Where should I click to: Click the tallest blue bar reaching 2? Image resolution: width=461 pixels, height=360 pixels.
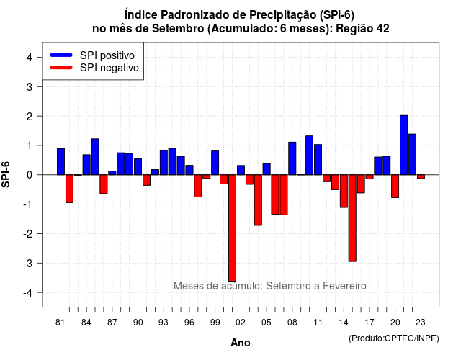[x=403, y=145]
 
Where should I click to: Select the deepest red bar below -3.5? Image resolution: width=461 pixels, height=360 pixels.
[x=232, y=228]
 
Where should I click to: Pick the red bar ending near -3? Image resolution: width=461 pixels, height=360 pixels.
[x=352, y=218]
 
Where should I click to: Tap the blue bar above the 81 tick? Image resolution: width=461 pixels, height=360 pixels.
[x=61, y=161]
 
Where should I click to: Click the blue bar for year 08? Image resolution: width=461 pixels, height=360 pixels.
[x=292, y=158]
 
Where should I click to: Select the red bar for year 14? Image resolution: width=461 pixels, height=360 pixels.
[x=344, y=191]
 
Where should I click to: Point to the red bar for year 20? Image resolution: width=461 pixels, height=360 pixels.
[x=395, y=186]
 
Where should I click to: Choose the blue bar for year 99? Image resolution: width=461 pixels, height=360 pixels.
[x=215, y=163]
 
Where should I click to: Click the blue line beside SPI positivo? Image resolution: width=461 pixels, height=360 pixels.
[x=61, y=55]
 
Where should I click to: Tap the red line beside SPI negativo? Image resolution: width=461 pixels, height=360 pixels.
[x=61, y=68]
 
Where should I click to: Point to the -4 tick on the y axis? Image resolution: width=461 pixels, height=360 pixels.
[x=40, y=292]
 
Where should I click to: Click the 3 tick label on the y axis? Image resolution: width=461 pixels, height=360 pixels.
[x=30, y=86]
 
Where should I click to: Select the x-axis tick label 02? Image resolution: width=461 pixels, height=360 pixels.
[x=241, y=323]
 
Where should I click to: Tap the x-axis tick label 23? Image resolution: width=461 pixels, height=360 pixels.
[x=421, y=323]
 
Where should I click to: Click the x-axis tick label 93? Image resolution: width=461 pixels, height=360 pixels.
[x=164, y=323]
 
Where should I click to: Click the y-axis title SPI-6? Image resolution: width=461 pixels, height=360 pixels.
[x=6, y=174]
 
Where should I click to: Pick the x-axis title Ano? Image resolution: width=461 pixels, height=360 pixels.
[x=241, y=343]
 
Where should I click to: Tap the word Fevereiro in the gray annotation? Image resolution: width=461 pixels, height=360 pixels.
[x=344, y=286]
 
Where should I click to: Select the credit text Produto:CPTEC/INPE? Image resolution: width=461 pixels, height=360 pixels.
[x=394, y=338]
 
